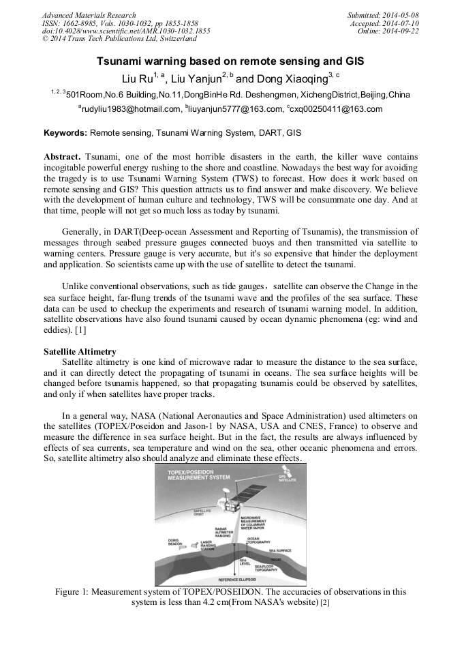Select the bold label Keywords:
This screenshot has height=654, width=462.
[65, 132]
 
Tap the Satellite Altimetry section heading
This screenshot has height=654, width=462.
[80, 351]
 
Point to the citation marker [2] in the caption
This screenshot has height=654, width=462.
[324, 603]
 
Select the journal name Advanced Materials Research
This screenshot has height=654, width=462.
[89, 15]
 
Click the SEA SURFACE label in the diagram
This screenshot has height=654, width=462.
[280, 550]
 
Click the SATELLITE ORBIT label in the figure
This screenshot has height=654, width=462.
[202, 511]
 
